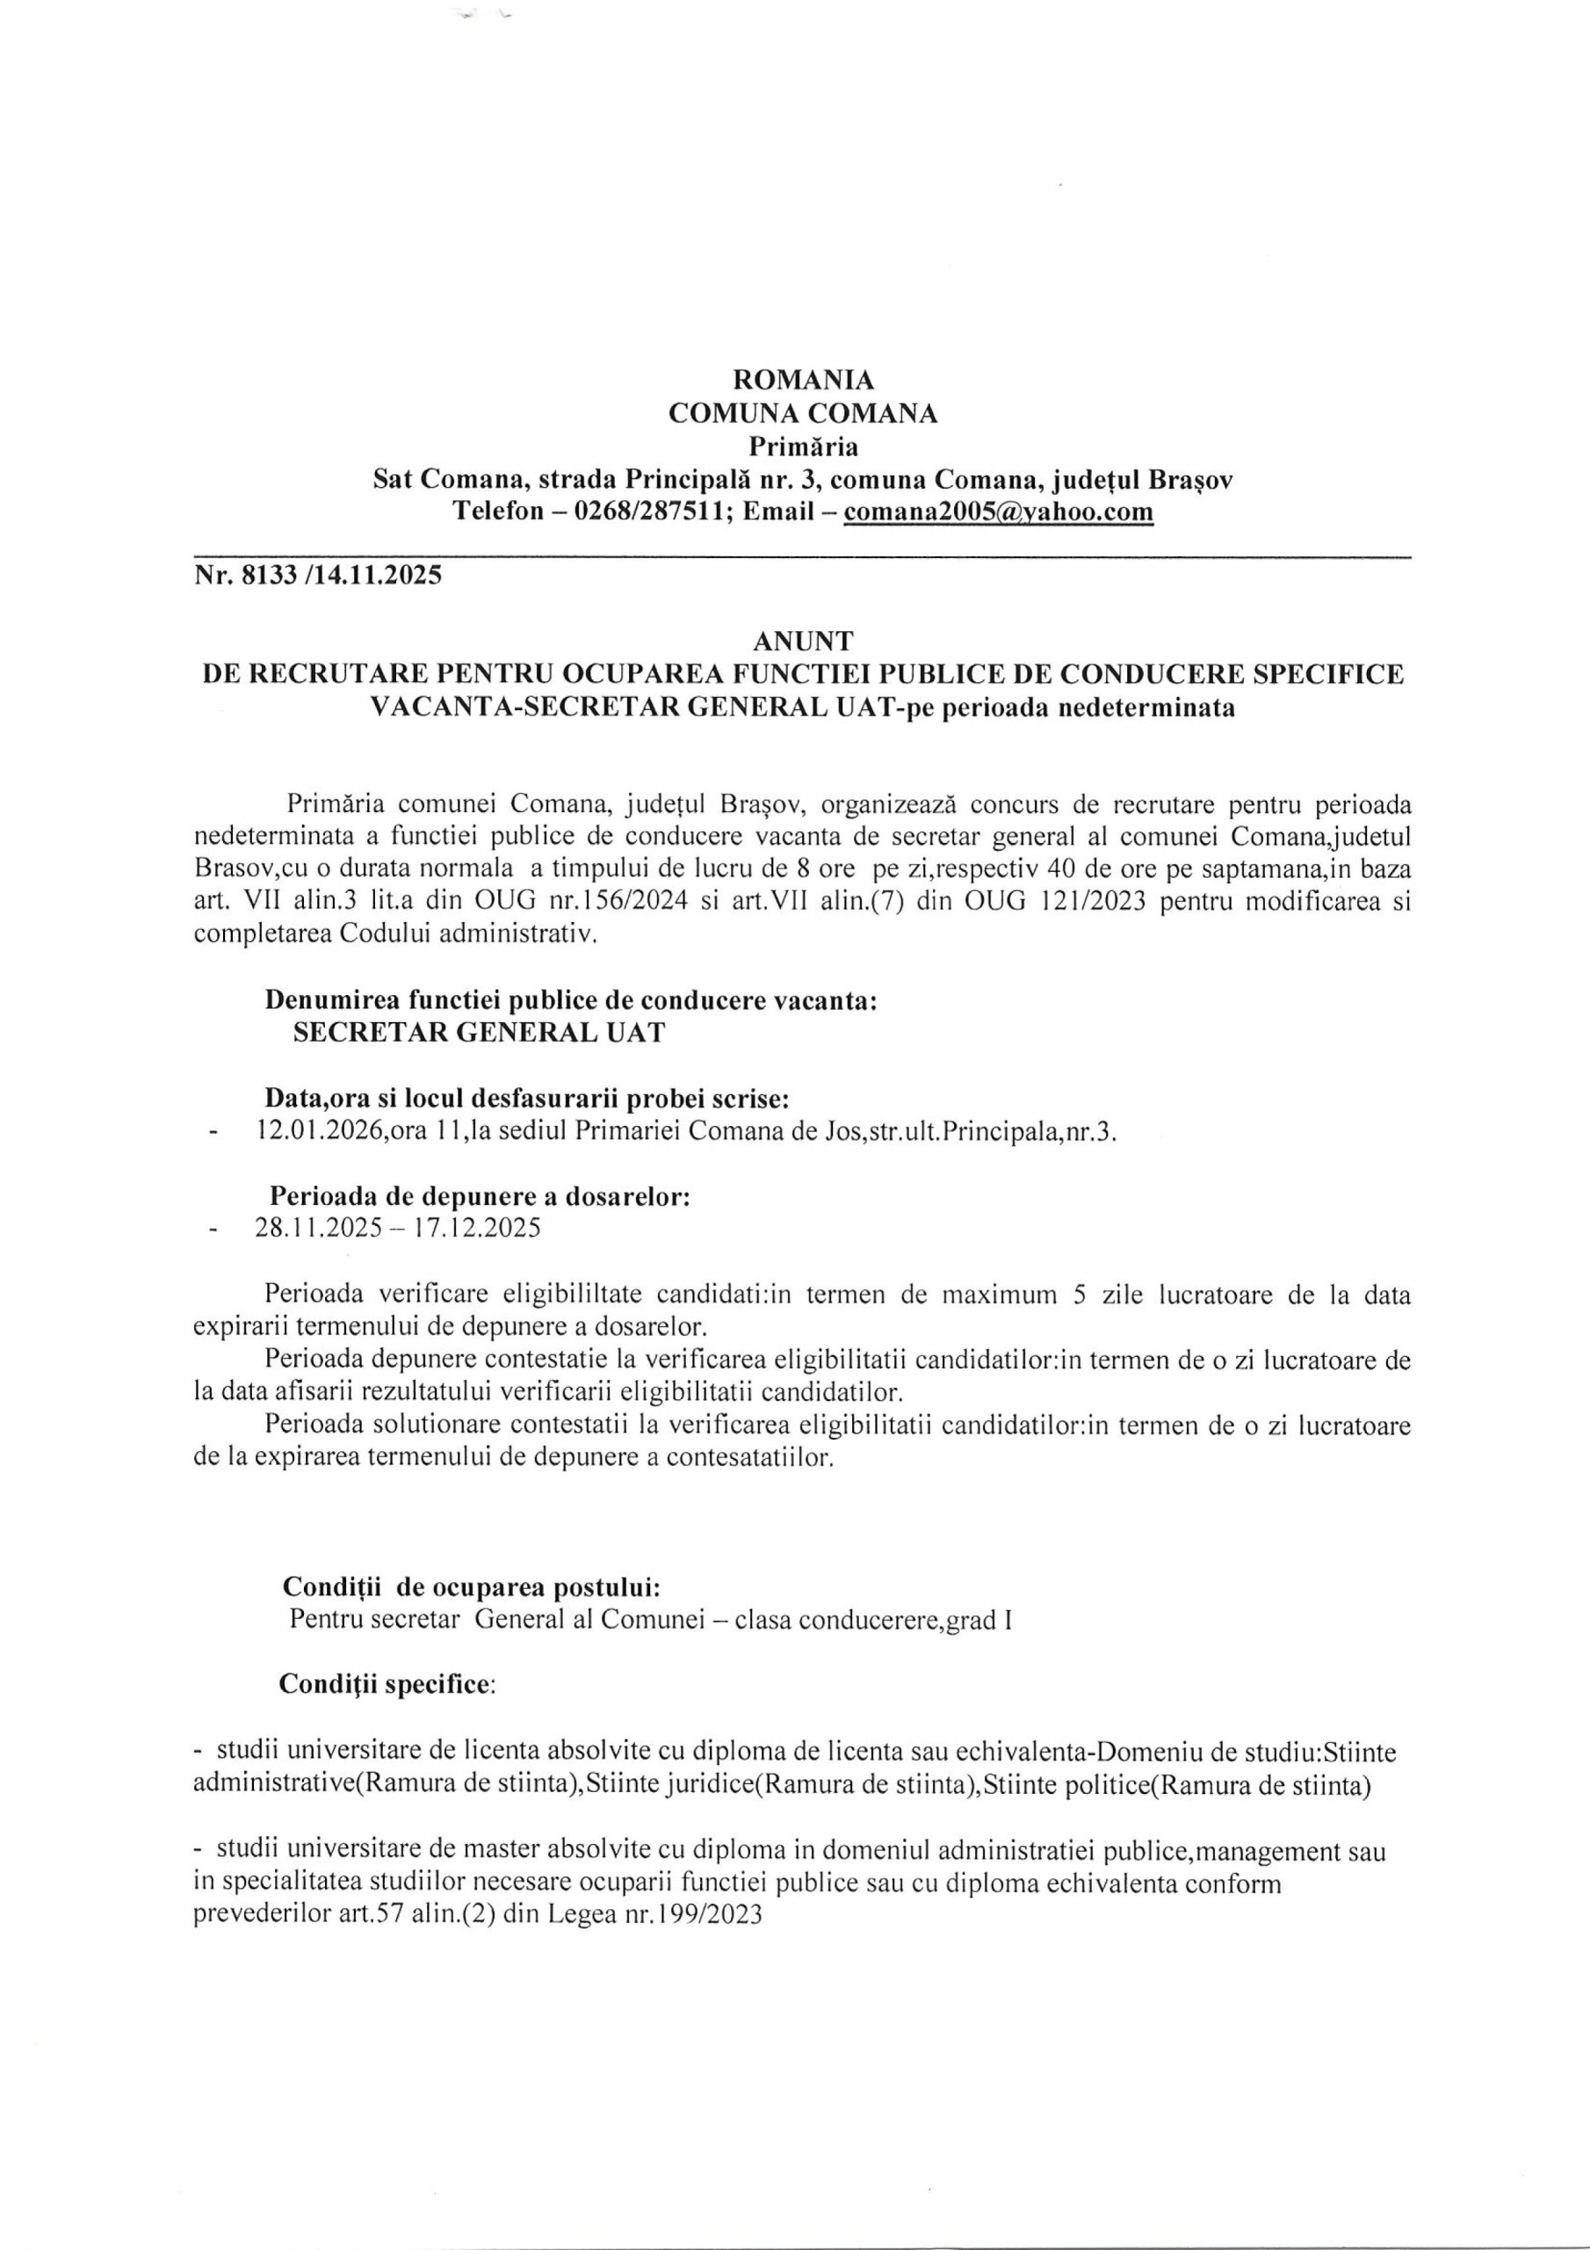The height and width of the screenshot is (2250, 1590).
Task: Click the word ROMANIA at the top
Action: [x=803, y=378]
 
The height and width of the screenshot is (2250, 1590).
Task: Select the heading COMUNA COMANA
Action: [x=803, y=414]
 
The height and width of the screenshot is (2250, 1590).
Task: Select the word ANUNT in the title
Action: [x=803, y=641]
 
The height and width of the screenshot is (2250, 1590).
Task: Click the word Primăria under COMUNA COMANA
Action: [x=803, y=448]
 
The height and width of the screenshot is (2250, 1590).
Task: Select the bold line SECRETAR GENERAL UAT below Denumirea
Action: [x=478, y=1034]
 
